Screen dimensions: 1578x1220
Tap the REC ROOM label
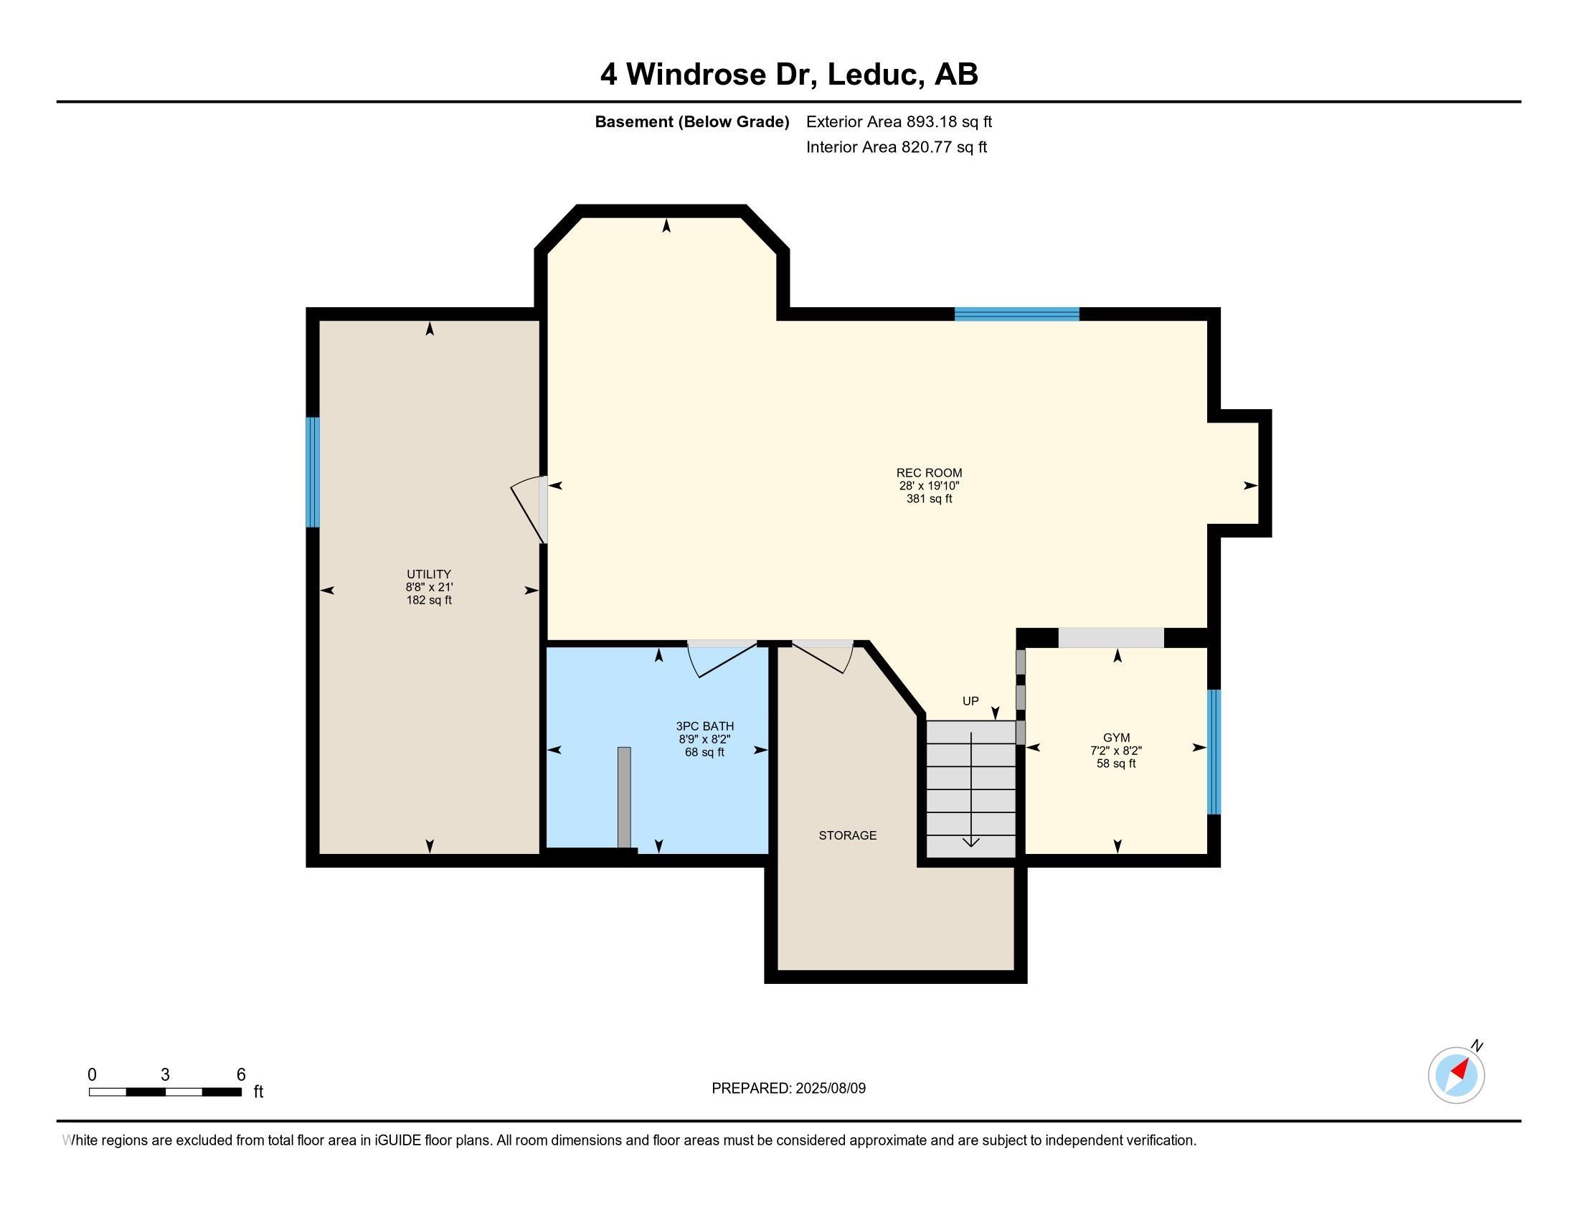[929, 474]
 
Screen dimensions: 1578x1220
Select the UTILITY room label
[428, 575]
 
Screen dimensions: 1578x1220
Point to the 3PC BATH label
[704, 726]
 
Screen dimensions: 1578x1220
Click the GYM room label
[1116, 738]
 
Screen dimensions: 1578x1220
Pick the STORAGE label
[848, 835]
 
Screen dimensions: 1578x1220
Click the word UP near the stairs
[970, 701]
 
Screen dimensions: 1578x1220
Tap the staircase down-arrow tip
[971, 846]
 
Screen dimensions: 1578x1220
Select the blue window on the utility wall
[312, 473]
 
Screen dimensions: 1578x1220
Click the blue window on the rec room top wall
[1016, 314]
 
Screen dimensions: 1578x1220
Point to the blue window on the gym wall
[1214, 751]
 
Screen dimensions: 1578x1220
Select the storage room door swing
[823, 657]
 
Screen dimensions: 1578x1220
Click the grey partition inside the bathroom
[624, 797]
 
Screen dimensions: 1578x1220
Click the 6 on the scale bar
[241, 1075]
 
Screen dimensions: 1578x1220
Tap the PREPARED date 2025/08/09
[830, 1089]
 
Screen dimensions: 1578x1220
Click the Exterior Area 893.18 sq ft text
[899, 121]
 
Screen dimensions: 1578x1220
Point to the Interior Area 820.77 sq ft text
[897, 147]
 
